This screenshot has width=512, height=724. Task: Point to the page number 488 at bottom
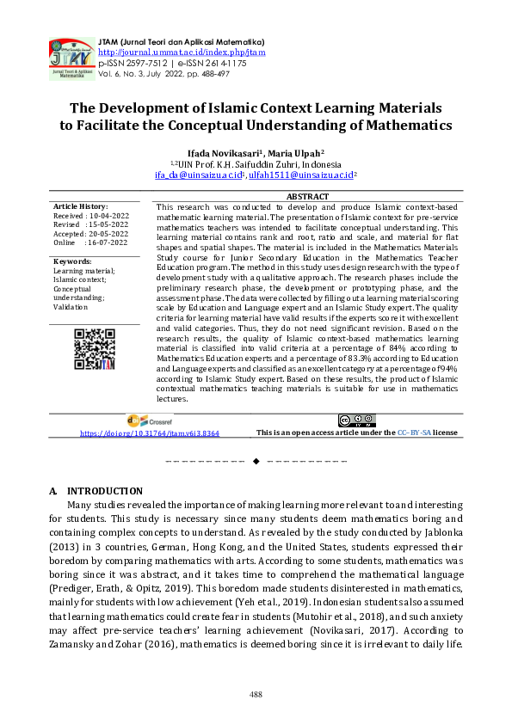coord(256,694)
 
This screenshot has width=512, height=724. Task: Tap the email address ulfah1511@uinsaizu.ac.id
coord(288,175)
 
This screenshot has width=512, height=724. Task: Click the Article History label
coord(81,206)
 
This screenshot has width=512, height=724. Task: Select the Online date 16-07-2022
coord(106,243)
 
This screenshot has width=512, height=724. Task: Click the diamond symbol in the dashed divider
coord(256,463)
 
